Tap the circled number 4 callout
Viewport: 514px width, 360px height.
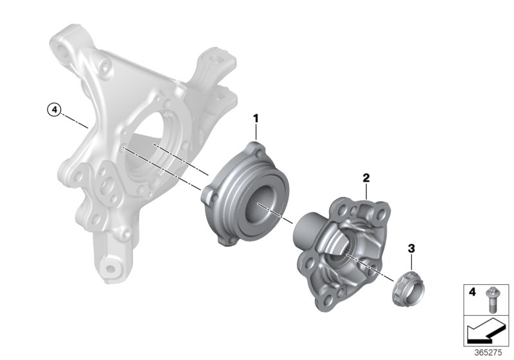[55, 110]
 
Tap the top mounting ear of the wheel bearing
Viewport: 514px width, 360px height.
[258, 150]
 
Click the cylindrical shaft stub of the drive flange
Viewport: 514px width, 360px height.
[307, 229]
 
